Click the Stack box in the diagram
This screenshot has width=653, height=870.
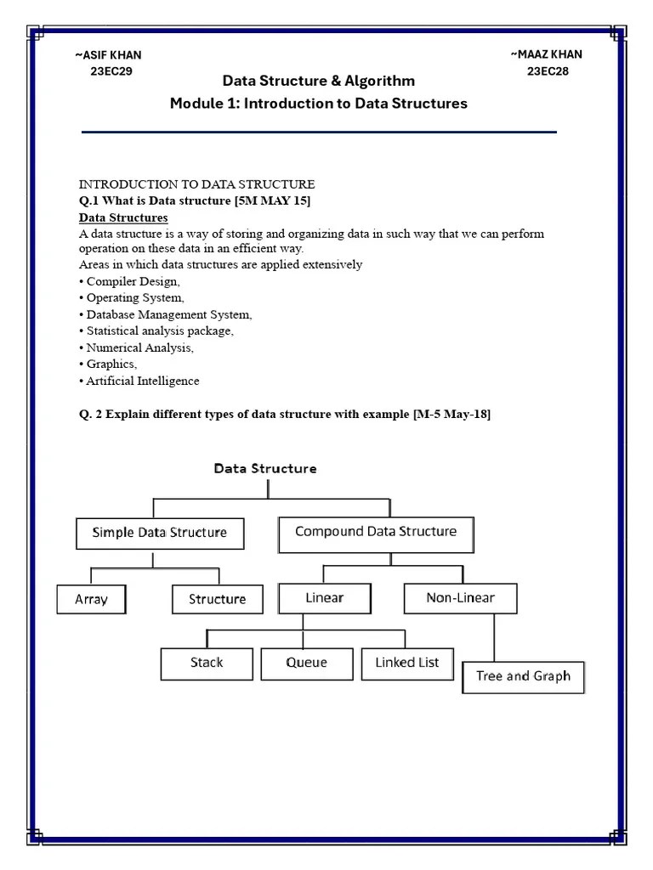[x=207, y=664]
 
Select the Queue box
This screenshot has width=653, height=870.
[x=306, y=664]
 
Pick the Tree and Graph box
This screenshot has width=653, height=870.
[x=523, y=677]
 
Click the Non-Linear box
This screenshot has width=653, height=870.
[x=460, y=598]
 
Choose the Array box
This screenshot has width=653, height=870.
[x=92, y=599]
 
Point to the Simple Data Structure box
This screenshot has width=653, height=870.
[x=159, y=534]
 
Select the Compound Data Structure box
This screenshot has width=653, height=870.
[x=376, y=533]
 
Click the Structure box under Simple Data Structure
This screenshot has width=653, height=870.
[x=217, y=599]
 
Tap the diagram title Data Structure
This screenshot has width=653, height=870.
[x=265, y=468]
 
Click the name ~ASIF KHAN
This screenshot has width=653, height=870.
[x=108, y=55]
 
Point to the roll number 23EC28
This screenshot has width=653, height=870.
[x=548, y=71]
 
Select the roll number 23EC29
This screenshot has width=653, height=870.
[x=111, y=71]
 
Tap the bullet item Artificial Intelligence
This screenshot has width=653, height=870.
[x=142, y=381]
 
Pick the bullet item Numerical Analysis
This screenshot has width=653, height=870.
[x=139, y=347]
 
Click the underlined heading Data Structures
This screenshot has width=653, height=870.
[x=123, y=217]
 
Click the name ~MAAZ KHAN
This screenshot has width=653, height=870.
[x=547, y=54]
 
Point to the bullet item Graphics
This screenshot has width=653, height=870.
[x=111, y=364]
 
